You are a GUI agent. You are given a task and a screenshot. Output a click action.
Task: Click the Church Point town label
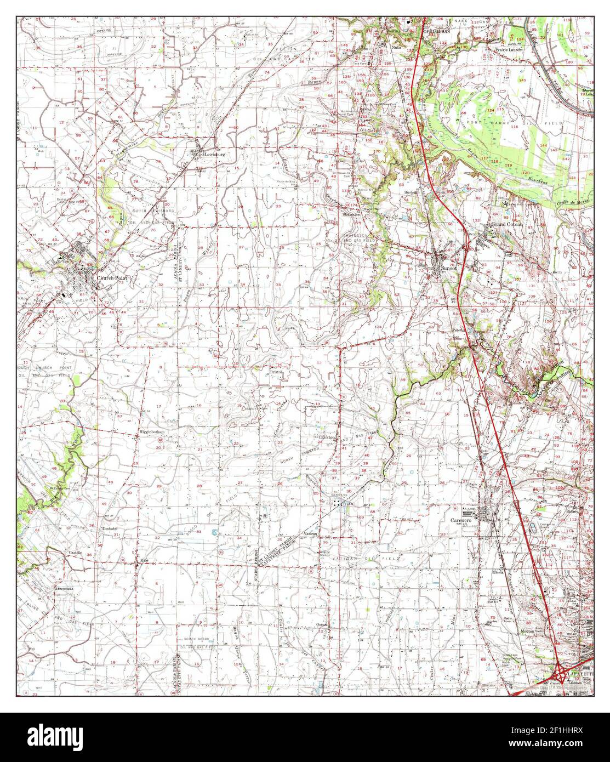coord(112,278)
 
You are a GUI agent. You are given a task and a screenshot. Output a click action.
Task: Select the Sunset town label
coord(449,268)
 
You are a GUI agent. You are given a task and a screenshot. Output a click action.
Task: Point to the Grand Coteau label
coord(507,225)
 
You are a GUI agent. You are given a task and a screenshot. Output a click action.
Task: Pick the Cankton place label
coord(326,437)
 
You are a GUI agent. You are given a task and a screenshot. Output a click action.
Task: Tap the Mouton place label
coord(527,632)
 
